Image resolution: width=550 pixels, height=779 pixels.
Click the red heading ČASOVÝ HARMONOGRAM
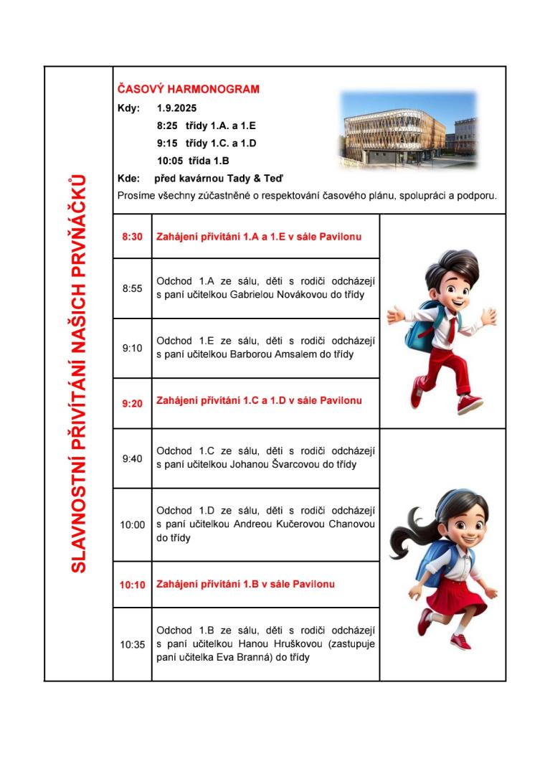[x=188, y=90]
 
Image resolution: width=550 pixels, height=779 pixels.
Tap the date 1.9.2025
[x=176, y=109]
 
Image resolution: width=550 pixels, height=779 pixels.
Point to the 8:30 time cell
[x=132, y=236]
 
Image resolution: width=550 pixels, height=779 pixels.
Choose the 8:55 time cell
[x=132, y=288]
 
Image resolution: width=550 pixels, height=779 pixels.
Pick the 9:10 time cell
[x=132, y=348]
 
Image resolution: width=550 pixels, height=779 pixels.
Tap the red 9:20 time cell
[x=132, y=403]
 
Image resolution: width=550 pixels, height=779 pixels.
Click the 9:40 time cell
[x=132, y=458]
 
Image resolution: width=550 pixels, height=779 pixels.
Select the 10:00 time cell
[x=132, y=524]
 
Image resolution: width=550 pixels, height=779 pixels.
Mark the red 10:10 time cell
[x=132, y=585]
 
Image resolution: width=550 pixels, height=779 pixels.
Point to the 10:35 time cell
[x=132, y=644]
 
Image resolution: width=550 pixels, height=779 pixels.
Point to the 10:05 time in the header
[x=169, y=161]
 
